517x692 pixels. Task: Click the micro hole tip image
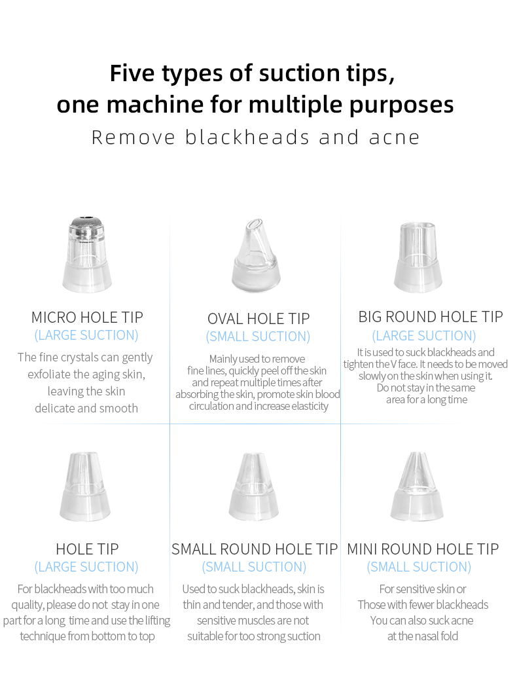87,254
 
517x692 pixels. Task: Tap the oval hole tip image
257,255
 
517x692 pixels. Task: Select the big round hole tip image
418,257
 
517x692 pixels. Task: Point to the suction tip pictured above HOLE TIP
85,486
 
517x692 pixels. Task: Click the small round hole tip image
254,486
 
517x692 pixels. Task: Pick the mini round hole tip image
417,486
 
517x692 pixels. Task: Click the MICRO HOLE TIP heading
87,318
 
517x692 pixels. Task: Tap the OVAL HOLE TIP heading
258,319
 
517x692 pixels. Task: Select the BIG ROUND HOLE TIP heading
431,317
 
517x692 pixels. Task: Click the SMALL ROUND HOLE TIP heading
255,549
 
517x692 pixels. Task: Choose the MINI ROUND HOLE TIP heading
423,549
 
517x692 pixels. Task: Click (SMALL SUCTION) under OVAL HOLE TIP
258,337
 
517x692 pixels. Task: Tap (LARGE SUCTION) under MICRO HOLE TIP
86,335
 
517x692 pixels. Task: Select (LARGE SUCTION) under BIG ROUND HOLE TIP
424,336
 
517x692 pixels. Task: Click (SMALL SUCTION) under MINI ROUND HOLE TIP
419,567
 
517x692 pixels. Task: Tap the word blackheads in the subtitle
247,137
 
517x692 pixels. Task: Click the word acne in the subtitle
395,138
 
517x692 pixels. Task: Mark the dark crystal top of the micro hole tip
87,222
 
